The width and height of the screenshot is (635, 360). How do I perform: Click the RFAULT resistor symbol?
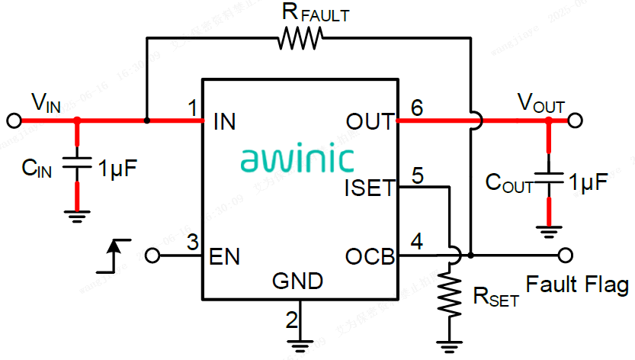click(x=300, y=38)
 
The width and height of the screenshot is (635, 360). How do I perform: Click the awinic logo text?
click(x=297, y=159)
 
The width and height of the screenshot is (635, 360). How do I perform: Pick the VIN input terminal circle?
click(x=13, y=121)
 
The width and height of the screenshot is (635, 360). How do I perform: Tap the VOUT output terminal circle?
click(x=575, y=121)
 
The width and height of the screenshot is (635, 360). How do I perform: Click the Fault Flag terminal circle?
click(x=565, y=254)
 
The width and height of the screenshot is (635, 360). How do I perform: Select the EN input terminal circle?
click(x=152, y=255)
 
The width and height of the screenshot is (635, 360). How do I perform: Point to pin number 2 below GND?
click(x=291, y=320)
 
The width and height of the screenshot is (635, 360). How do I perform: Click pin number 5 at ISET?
click(x=417, y=175)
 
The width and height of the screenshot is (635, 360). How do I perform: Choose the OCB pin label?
click(x=370, y=256)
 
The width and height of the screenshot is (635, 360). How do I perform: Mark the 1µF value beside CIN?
click(x=118, y=168)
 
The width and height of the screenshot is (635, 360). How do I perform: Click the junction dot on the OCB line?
click(x=471, y=254)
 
